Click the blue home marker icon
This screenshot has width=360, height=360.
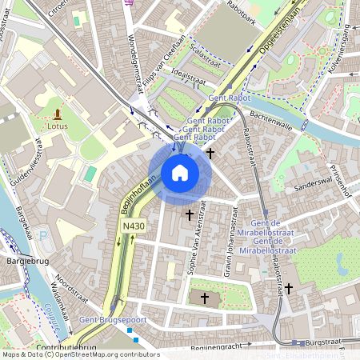click(x=180, y=173)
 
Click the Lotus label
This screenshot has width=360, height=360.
click(x=58, y=126)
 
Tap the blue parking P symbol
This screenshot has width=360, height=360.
click(x=42, y=236)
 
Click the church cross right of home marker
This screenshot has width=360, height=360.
click(x=211, y=152)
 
